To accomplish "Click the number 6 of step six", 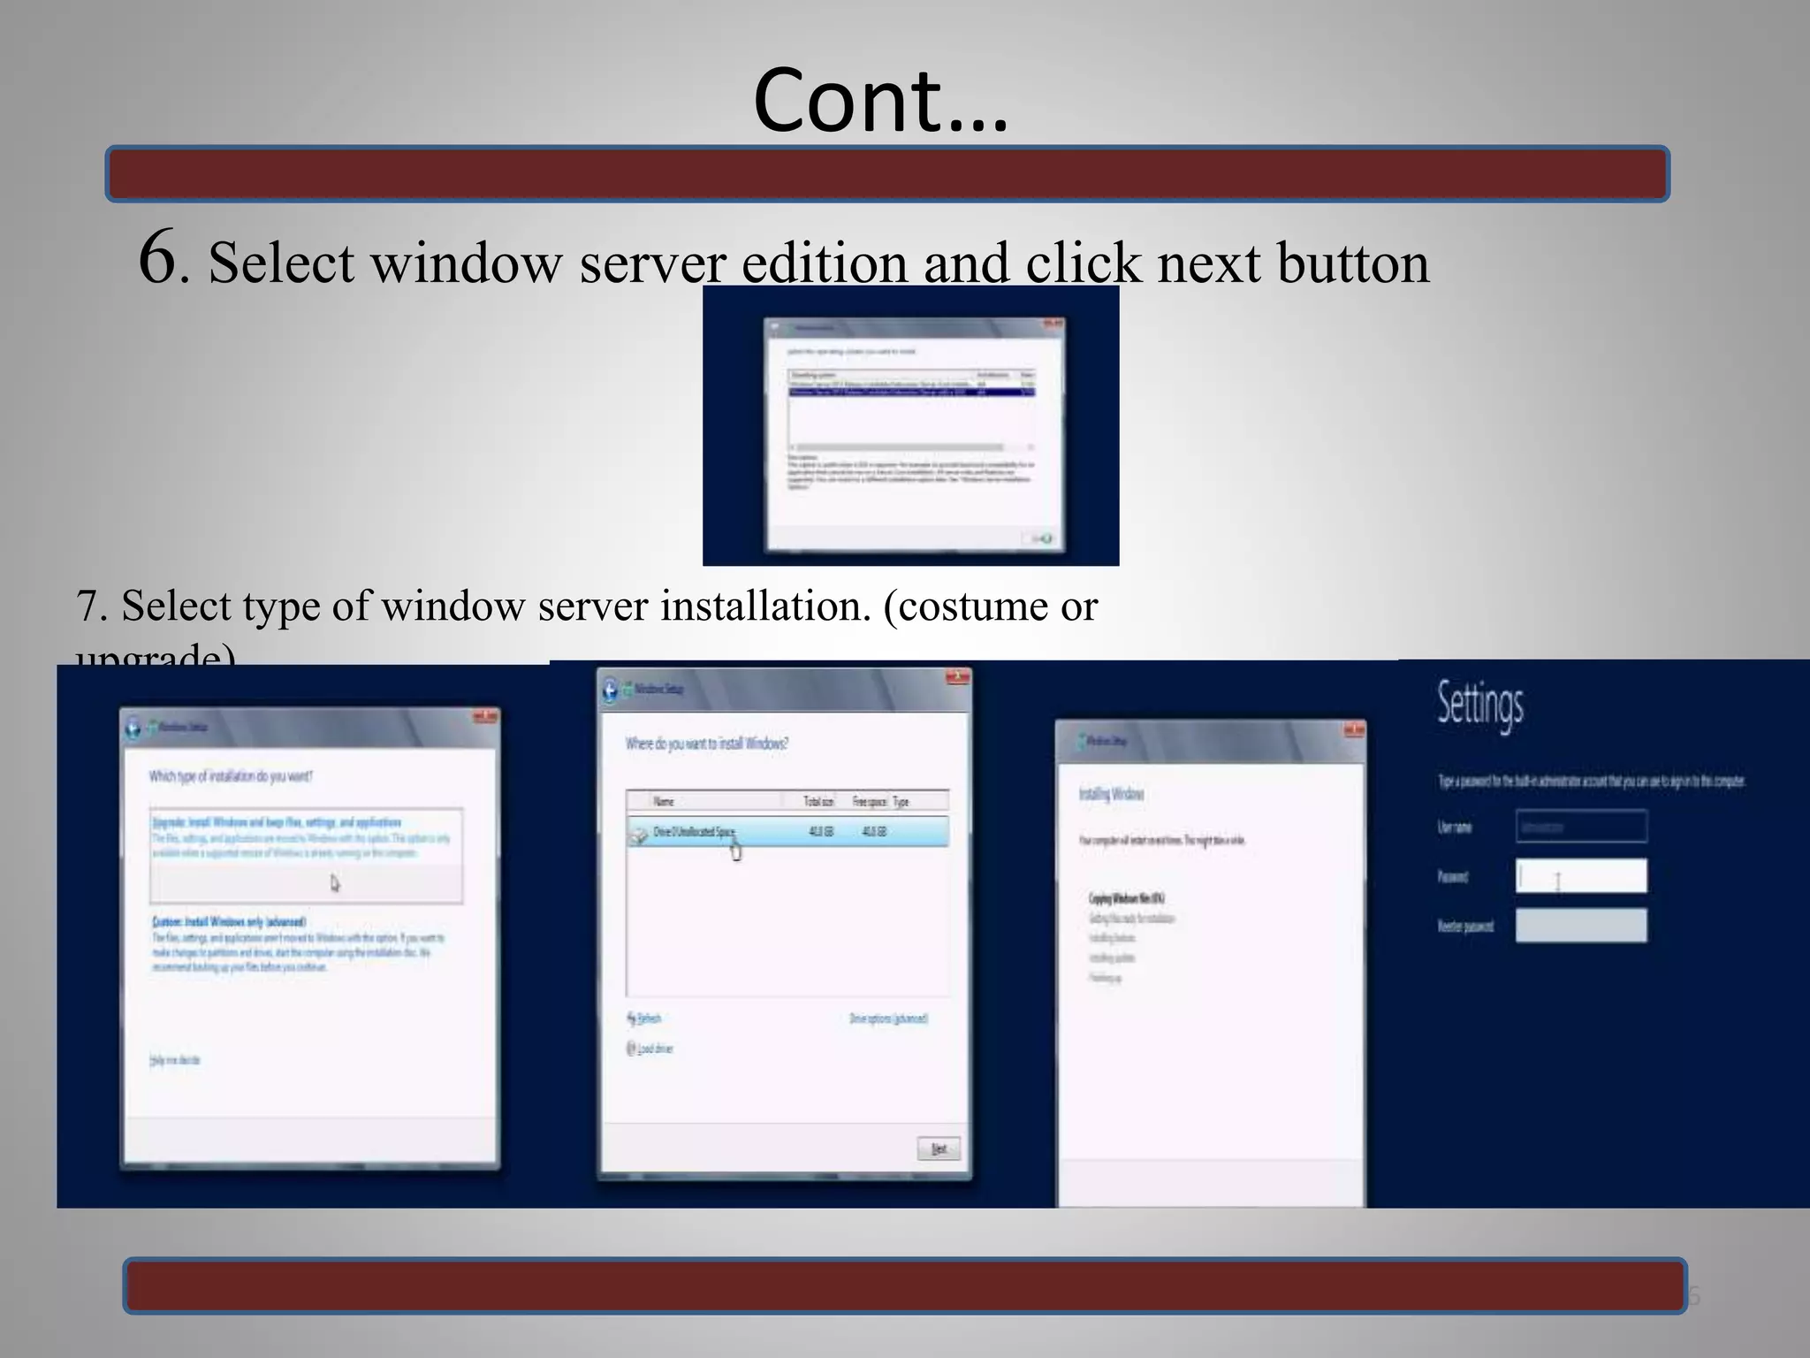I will [x=159, y=257].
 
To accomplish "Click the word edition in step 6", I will [x=824, y=263].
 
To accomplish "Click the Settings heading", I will [x=1480, y=705].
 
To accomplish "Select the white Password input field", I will [x=1581, y=876].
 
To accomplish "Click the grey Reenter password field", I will [x=1581, y=926].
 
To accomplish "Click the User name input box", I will [x=1581, y=827].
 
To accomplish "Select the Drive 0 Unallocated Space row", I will [x=787, y=832].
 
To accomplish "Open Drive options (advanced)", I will [x=888, y=1018].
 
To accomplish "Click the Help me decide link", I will [x=175, y=1060].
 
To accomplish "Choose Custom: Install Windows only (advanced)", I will [x=229, y=921].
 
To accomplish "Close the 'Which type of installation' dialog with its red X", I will [x=485, y=716].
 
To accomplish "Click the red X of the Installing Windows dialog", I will [x=1353, y=730].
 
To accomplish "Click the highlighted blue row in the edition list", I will [x=910, y=392].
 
